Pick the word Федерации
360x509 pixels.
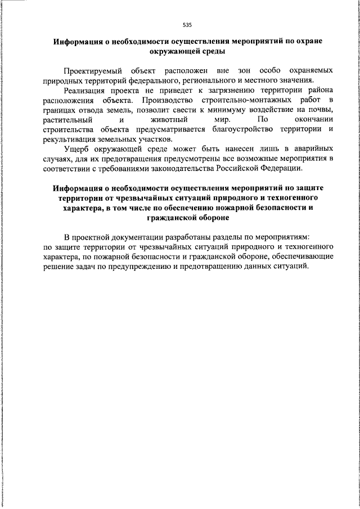pyautogui.click(x=283, y=168)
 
